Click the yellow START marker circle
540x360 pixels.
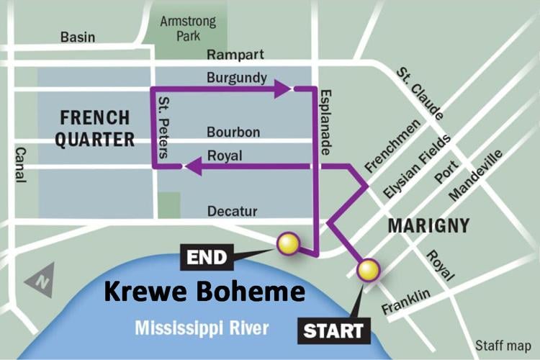[x=368, y=270]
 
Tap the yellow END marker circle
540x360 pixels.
[x=287, y=244]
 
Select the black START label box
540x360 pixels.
[x=333, y=331]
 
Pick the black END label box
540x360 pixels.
[x=207, y=257]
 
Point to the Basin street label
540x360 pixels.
[x=77, y=37]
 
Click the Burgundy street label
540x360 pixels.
[x=236, y=77]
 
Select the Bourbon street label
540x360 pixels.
[x=233, y=132]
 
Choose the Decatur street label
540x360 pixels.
[x=233, y=211]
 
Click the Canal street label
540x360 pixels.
[x=19, y=164]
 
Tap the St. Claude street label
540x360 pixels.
[x=420, y=93]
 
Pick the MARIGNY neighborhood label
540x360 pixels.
[x=428, y=225]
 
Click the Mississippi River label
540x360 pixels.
[x=202, y=329]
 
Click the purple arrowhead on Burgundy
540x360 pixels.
[x=282, y=89]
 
